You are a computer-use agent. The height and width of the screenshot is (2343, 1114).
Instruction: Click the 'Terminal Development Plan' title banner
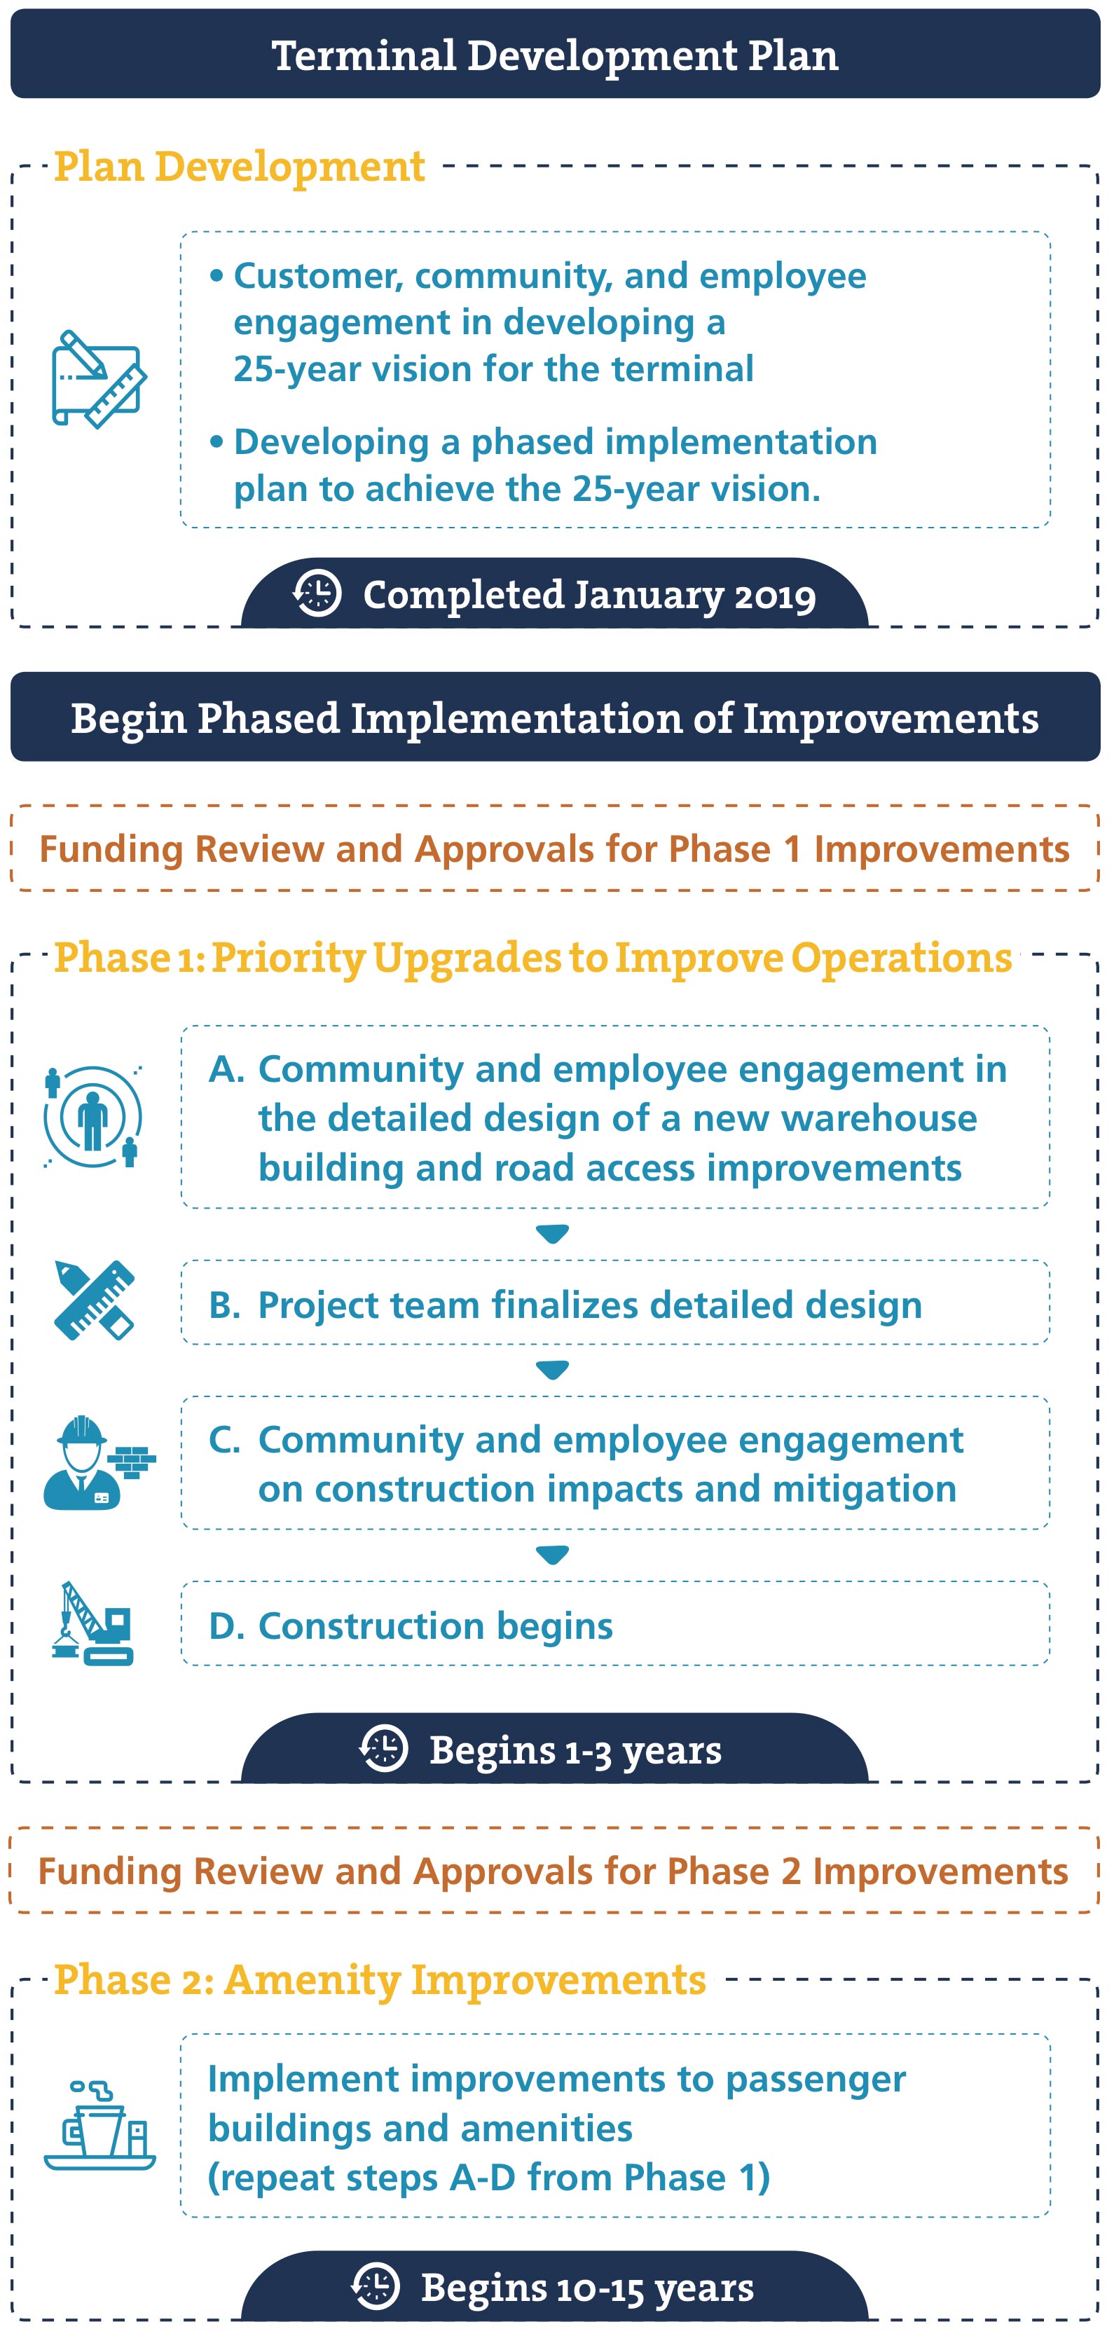[556, 54]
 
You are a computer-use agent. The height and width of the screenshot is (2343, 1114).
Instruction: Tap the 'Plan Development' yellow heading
[239, 167]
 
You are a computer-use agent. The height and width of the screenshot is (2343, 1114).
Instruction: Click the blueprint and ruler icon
[99, 379]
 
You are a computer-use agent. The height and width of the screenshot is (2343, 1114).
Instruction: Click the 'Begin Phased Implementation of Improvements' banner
[556, 717]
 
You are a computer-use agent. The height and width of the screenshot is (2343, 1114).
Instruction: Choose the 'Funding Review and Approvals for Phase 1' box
[555, 848]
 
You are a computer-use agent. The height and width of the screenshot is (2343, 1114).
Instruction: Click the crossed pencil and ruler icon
[95, 1300]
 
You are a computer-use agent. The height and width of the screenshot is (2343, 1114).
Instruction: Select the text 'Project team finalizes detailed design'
[590, 1305]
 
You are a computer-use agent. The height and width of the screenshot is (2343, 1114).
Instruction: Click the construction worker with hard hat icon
[99, 1462]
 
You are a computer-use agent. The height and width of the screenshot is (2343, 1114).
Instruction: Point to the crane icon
[92, 1623]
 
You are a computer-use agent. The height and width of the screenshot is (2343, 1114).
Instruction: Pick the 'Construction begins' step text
[436, 1626]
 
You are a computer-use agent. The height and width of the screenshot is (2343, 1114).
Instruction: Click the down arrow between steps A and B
[552, 1235]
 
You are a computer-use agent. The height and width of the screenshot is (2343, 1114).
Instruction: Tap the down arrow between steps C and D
[552, 1555]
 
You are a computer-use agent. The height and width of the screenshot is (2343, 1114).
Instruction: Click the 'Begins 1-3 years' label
[576, 1749]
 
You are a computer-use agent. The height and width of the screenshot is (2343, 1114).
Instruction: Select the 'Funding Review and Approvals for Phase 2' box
[555, 1870]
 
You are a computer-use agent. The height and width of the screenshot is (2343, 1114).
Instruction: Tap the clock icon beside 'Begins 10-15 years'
[376, 2286]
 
